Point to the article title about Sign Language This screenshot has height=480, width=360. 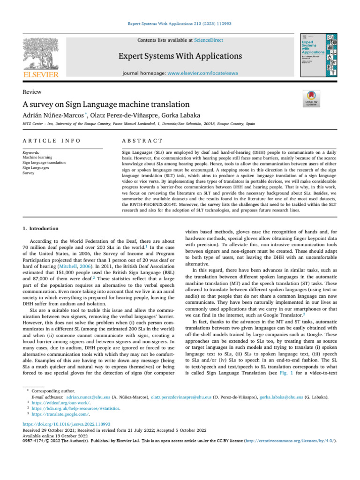106,104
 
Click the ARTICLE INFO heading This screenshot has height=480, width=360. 52,141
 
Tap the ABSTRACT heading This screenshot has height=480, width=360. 142,141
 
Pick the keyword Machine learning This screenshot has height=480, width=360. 37,158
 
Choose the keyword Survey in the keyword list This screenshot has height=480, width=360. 29,172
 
